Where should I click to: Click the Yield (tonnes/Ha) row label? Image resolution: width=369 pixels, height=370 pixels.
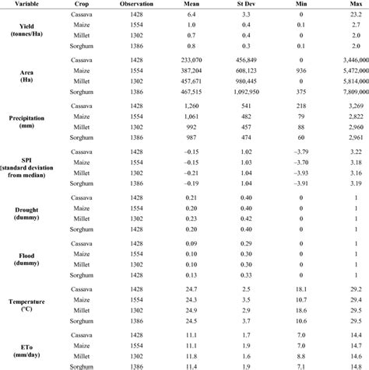coord(32,31)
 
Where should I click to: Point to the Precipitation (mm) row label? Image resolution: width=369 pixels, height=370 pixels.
coord(32,123)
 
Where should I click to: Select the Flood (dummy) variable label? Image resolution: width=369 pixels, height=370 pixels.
coord(32,258)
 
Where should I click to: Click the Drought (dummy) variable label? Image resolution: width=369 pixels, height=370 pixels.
coord(32,213)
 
